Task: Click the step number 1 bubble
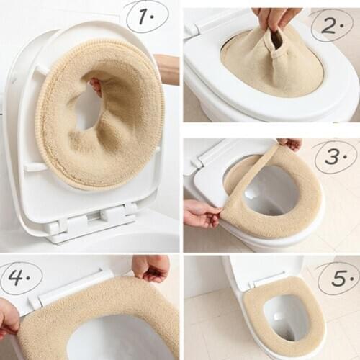[147, 16]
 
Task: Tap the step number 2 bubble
[331, 26]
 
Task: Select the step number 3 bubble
[334, 156]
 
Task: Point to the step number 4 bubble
[22, 277]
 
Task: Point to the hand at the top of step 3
[291, 144]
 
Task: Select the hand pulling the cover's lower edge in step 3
[200, 213]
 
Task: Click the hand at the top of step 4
[151, 268]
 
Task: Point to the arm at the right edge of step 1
[168, 68]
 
